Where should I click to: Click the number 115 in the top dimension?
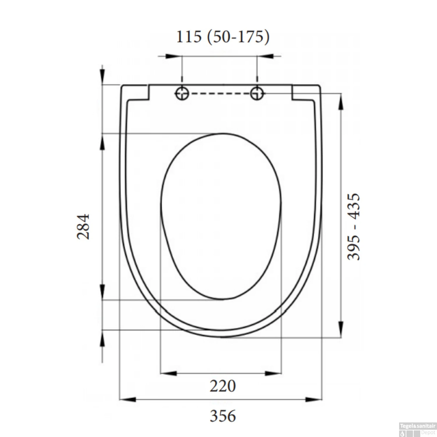pos(189,37)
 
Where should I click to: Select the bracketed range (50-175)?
pos(238,37)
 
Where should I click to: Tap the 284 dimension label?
pos(83,227)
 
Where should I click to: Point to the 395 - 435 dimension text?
pos(354,227)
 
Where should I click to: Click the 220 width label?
pos(223,386)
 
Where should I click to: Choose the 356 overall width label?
pos(223,416)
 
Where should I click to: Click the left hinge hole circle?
pos(182,94)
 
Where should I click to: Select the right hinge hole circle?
pos(257,94)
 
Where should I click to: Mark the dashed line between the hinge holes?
pos(219,94)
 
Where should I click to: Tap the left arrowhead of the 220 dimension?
pos(169,373)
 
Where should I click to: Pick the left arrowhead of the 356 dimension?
pos(128,399)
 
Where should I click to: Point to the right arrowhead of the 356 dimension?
pos(313,399)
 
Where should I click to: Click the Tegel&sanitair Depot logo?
pos(417,429)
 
